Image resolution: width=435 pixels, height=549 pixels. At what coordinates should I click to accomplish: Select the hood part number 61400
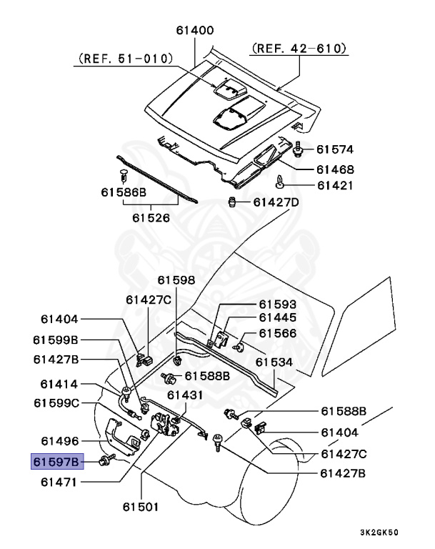click(x=195, y=31)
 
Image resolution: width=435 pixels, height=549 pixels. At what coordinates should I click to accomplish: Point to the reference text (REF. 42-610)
click(x=299, y=49)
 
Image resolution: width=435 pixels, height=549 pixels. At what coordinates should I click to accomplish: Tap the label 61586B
click(x=123, y=193)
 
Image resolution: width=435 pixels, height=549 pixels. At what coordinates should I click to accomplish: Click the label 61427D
click(x=276, y=202)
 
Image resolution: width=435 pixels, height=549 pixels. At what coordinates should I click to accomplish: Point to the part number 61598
click(x=176, y=280)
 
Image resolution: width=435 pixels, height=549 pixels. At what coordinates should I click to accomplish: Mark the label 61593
click(x=277, y=304)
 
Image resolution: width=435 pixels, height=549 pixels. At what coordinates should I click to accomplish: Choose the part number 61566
click(x=277, y=333)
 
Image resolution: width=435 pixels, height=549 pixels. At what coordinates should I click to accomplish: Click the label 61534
click(x=275, y=362)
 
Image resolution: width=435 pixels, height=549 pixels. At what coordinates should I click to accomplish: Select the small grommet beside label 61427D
click(x=231, y=203)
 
